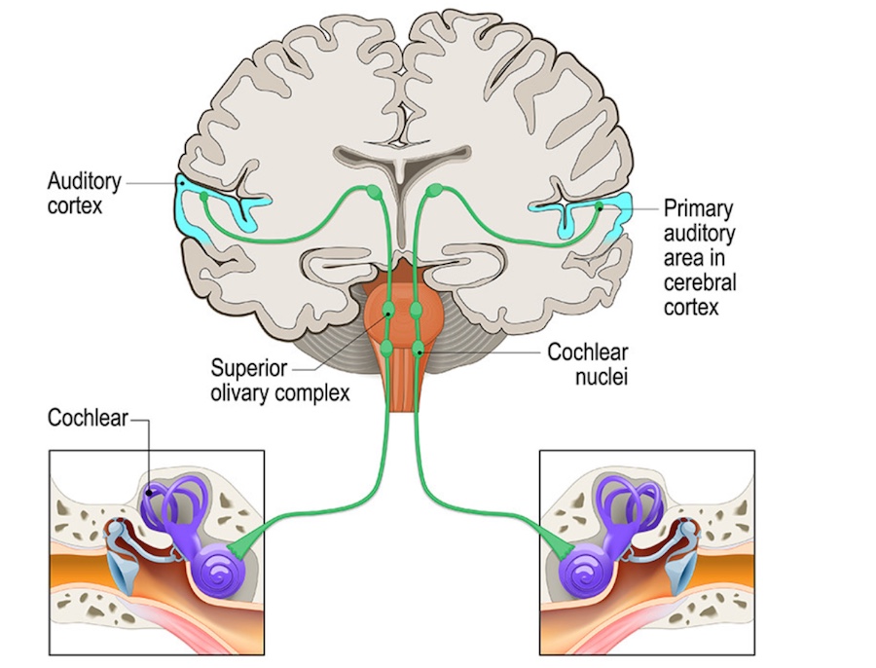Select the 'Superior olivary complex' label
tap(280, 382)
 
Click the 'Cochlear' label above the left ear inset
tap(88, 419)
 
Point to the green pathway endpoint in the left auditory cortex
tap(204, 198)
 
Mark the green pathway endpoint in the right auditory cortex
tap(601, 206)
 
